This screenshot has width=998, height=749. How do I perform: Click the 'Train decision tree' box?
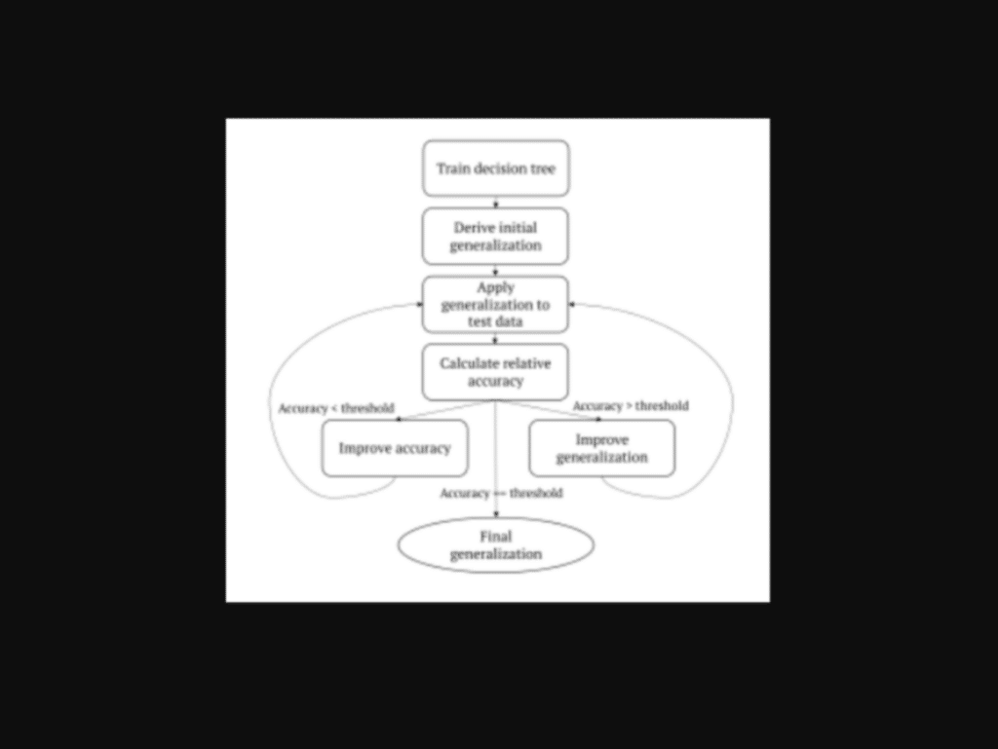496,169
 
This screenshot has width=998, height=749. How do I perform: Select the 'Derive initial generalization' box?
495,237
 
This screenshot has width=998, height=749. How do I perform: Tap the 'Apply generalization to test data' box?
495,305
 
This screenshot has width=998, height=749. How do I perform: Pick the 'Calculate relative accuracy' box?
495,373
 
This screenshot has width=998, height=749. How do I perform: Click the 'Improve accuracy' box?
395,448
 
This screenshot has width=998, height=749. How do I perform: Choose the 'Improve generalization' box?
602,448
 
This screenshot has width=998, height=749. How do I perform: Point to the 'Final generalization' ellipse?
496,544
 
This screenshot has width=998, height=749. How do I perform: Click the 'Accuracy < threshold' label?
336,408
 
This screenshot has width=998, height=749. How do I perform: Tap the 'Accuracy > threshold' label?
631,405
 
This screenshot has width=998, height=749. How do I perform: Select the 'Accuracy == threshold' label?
502,493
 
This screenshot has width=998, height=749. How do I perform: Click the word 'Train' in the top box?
453,169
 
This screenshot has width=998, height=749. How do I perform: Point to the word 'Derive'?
473,228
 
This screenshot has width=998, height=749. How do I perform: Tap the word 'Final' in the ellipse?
496,537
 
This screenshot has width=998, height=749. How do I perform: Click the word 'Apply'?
496,288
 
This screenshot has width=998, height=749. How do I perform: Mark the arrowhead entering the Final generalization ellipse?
496,514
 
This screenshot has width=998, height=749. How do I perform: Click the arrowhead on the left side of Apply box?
419,305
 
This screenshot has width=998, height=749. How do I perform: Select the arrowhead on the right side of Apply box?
571,305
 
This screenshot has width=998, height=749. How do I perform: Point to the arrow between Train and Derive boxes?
496,203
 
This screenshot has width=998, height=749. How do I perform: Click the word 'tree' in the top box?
542,169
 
